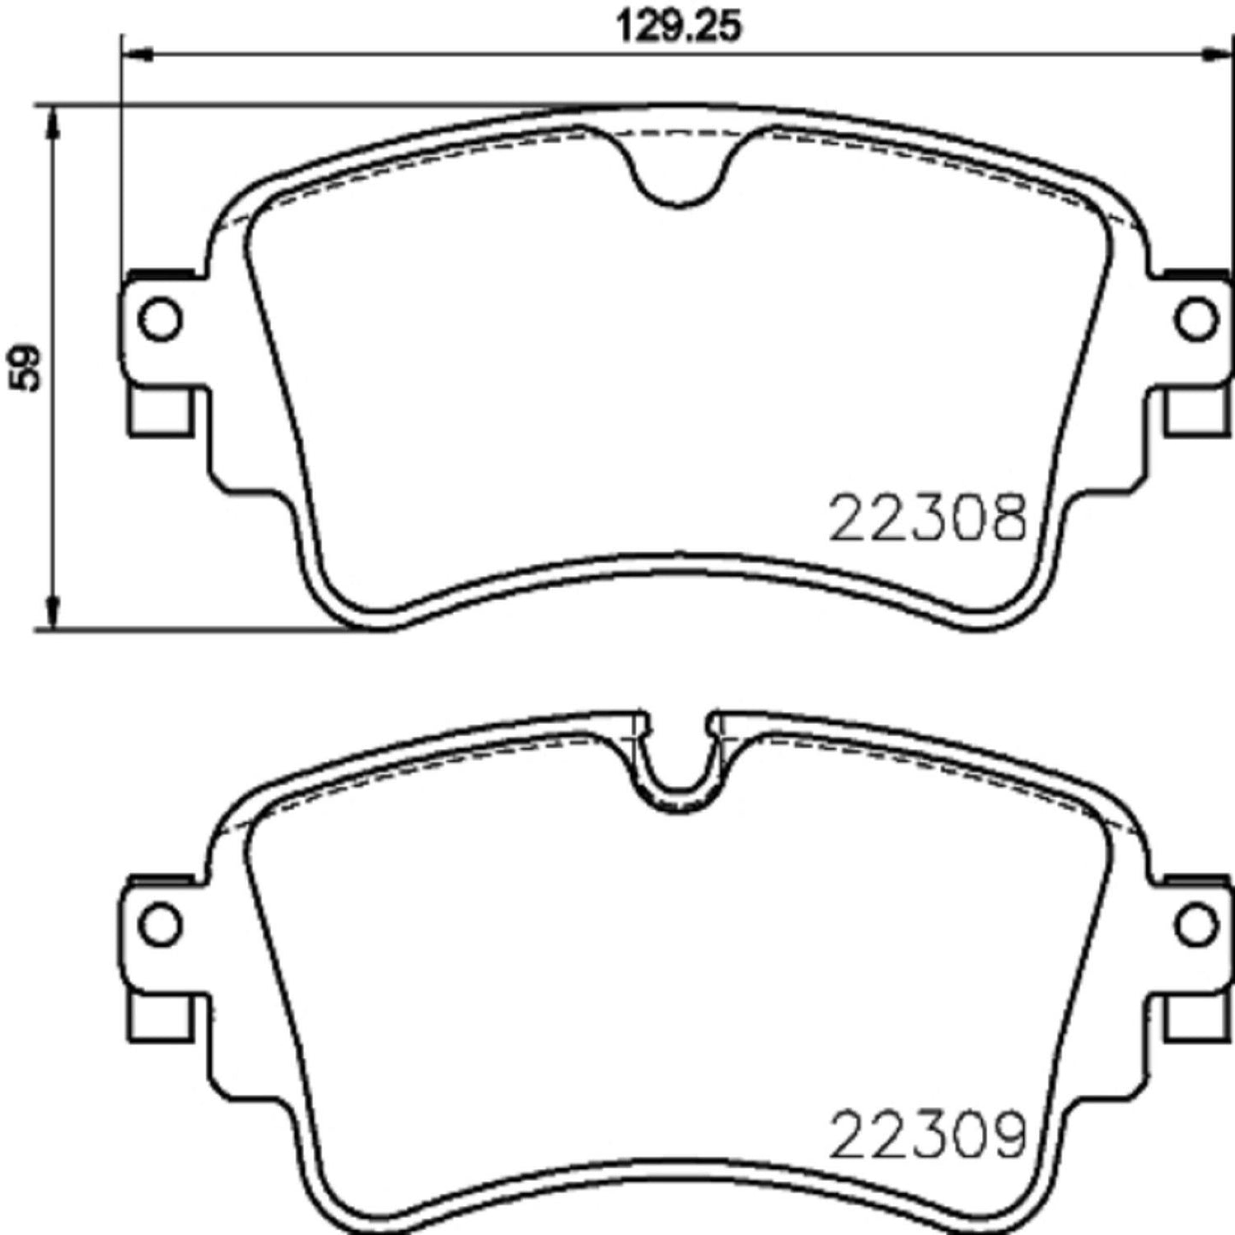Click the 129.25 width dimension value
(x=679, y=26)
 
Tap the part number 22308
(x=927, y=519)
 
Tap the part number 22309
(x=927, y=1135)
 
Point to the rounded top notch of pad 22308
(x=679, y=175)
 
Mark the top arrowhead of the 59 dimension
(x=53, y=124)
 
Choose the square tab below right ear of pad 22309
(x=1195, y=1017)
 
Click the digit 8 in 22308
(x=1006, y=519)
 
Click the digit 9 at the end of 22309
(x=1006, y=1135)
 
